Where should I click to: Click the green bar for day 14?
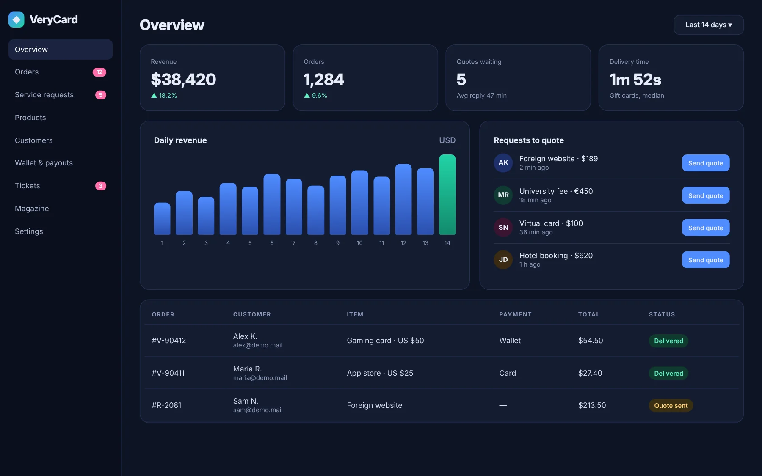[x=447, y=195]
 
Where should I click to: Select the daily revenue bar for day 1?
[x=162, y=219]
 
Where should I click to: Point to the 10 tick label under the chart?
[x=359, y=243]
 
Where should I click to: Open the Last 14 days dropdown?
[x=708, y=25]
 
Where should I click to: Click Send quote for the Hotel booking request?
[x=705, y=260]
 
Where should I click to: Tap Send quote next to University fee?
[x=705, y=195]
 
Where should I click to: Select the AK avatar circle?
[x=503, y=163]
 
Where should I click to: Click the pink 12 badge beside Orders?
[x=99, y=72]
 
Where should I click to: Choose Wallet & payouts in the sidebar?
[x=44, y=163]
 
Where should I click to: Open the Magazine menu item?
[x=32, y=209]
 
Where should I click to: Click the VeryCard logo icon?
[x=17, y=19]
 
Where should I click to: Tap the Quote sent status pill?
[x=671, y=405]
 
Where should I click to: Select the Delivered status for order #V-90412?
[x=668, y=341]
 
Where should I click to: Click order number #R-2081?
[x=166, y=405]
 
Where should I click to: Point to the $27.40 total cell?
[x=590, y=373]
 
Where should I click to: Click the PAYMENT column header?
[x=515, y=314]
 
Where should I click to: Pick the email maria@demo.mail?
[x=260, y=378]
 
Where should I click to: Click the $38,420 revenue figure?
[x=183, y=80]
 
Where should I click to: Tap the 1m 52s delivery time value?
[x=635, y=80]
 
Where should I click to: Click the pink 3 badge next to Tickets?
[x=101, y=186]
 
